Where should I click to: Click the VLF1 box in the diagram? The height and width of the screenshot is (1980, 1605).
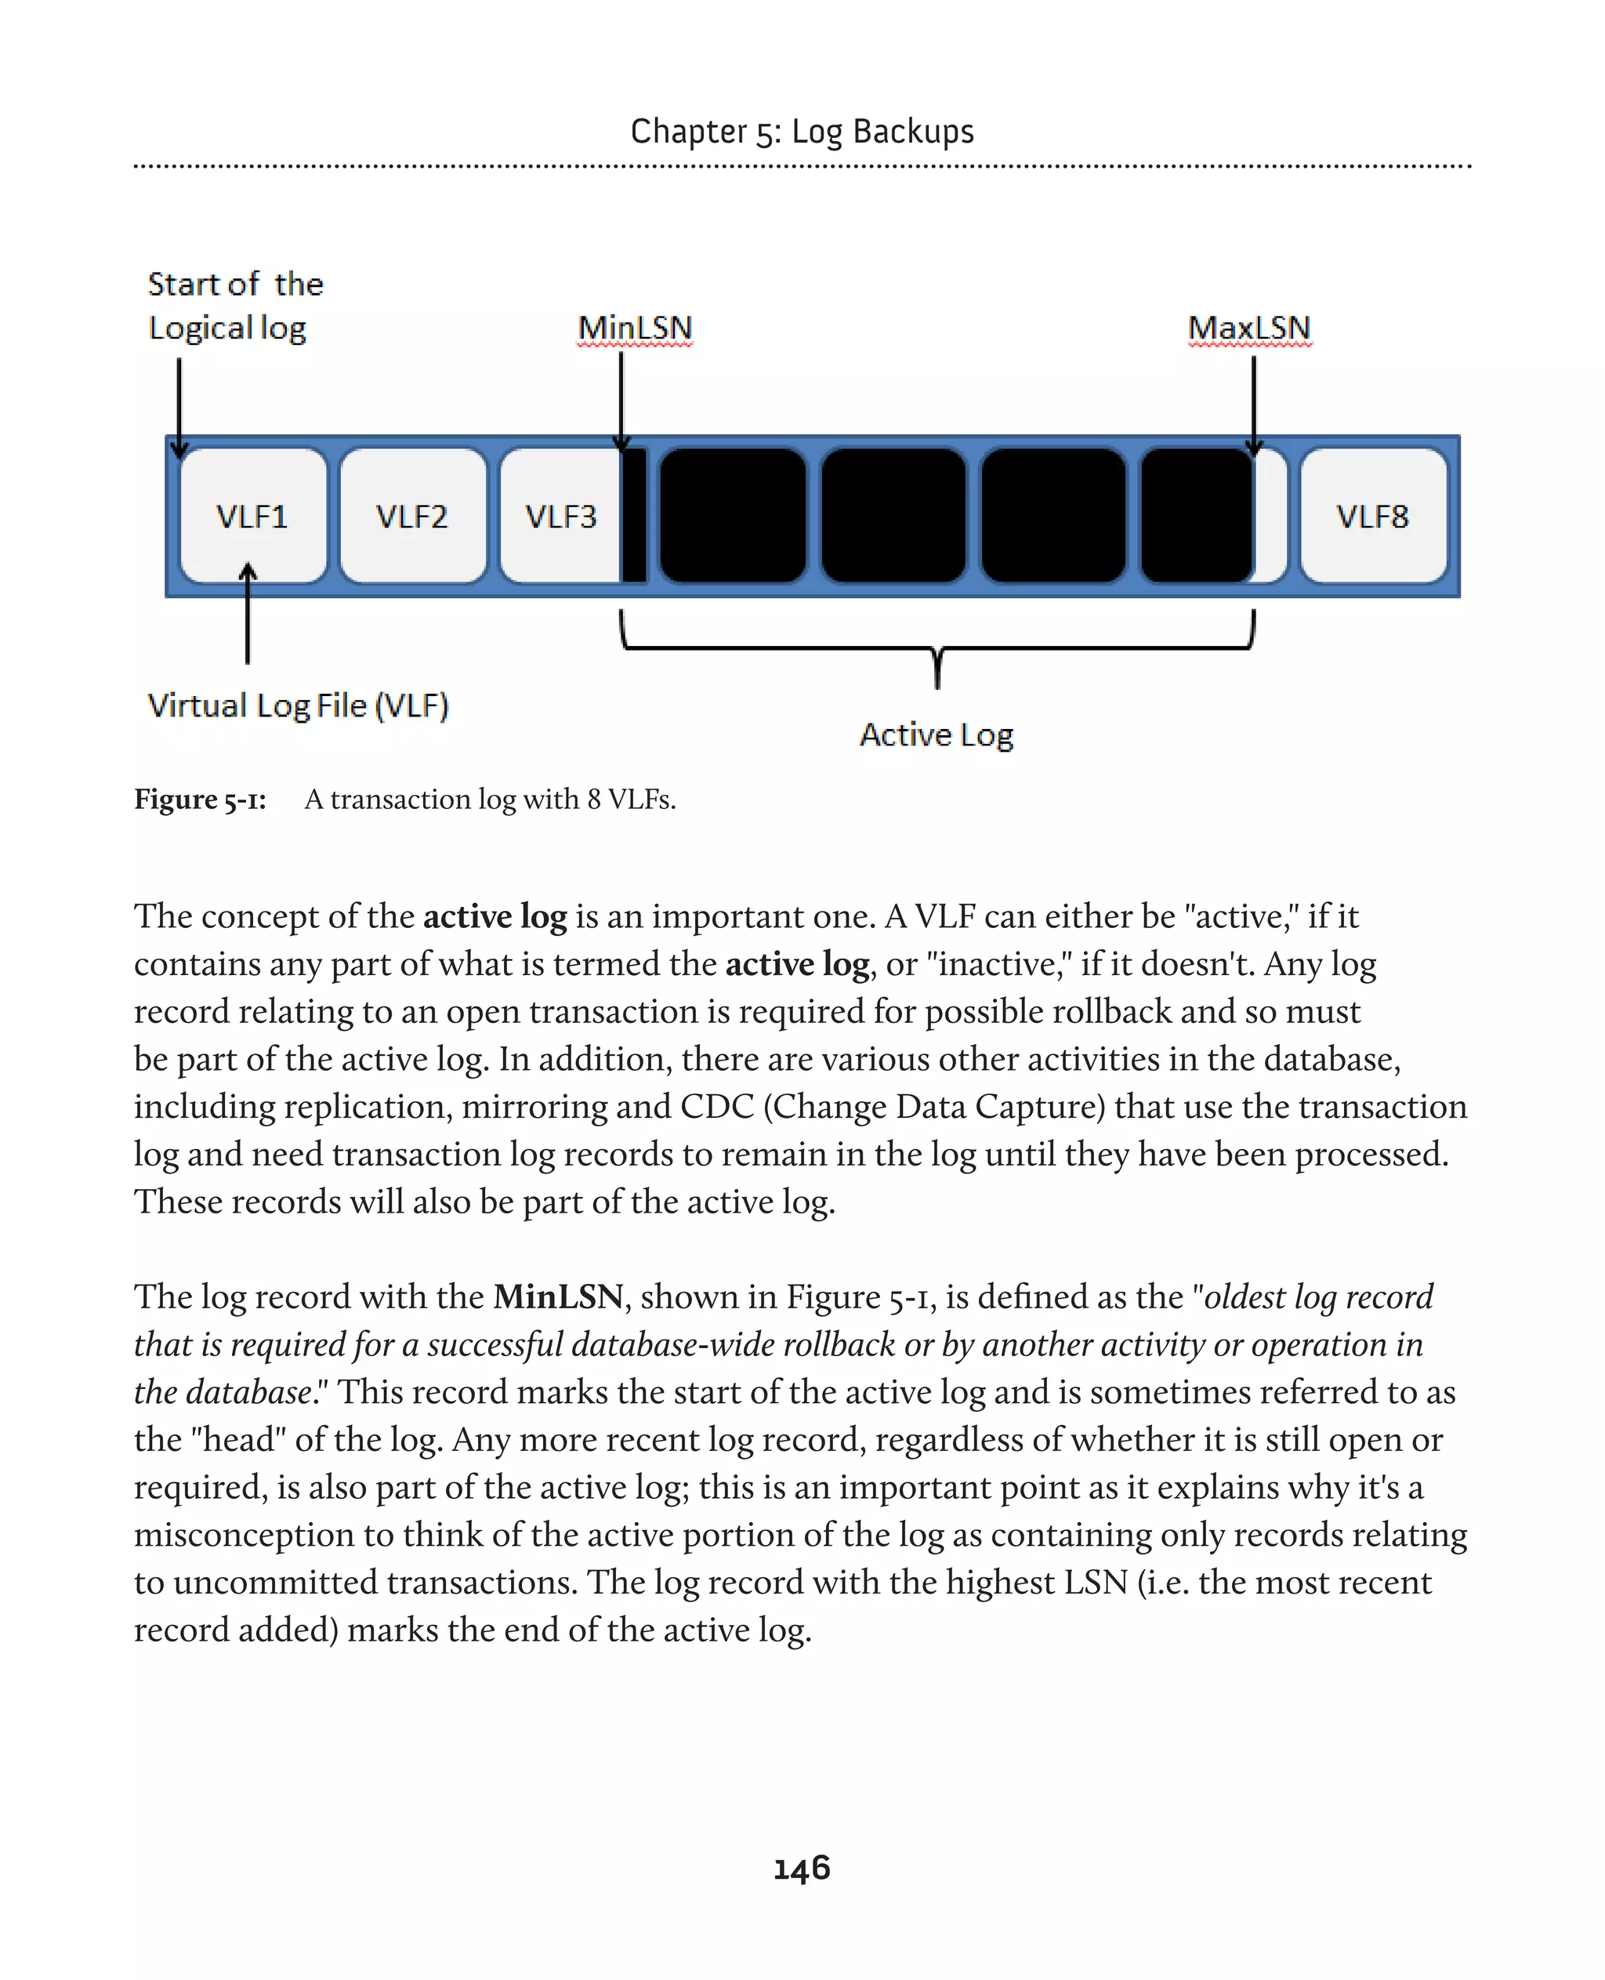(x=252, y=516)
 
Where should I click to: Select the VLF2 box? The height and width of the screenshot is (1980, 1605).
(x=412, y=516)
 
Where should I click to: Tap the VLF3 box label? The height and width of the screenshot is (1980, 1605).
(x=561, y=516)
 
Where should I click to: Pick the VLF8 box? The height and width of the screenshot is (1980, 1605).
(x=1373, y=516)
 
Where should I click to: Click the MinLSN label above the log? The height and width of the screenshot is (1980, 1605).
(x=635, y=328)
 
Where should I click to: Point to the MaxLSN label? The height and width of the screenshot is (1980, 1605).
(x=1249, y=328)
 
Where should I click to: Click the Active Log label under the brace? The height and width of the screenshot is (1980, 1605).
(x=937, y=735)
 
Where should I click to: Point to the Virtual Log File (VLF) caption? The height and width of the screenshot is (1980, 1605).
(x=298, y=705)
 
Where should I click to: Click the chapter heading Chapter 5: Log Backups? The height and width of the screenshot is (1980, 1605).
(x=802, y=132)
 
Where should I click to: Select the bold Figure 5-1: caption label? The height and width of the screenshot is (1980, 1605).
(x=200, y=799)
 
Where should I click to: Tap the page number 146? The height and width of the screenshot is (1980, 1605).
(x=802, y=1869)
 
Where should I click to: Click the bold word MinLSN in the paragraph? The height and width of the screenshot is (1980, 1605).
(x=559, y=1296)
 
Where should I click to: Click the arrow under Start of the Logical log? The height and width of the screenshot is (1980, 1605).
(x=179, y=407)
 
